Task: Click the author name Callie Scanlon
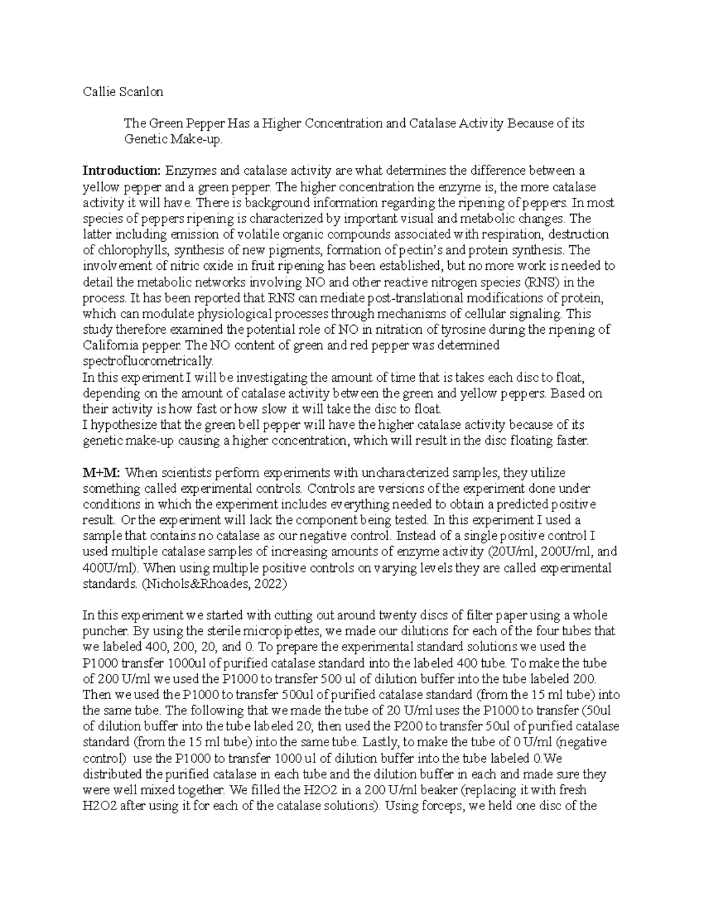[x=123, y=92]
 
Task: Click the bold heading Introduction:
[x=121, y=171]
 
